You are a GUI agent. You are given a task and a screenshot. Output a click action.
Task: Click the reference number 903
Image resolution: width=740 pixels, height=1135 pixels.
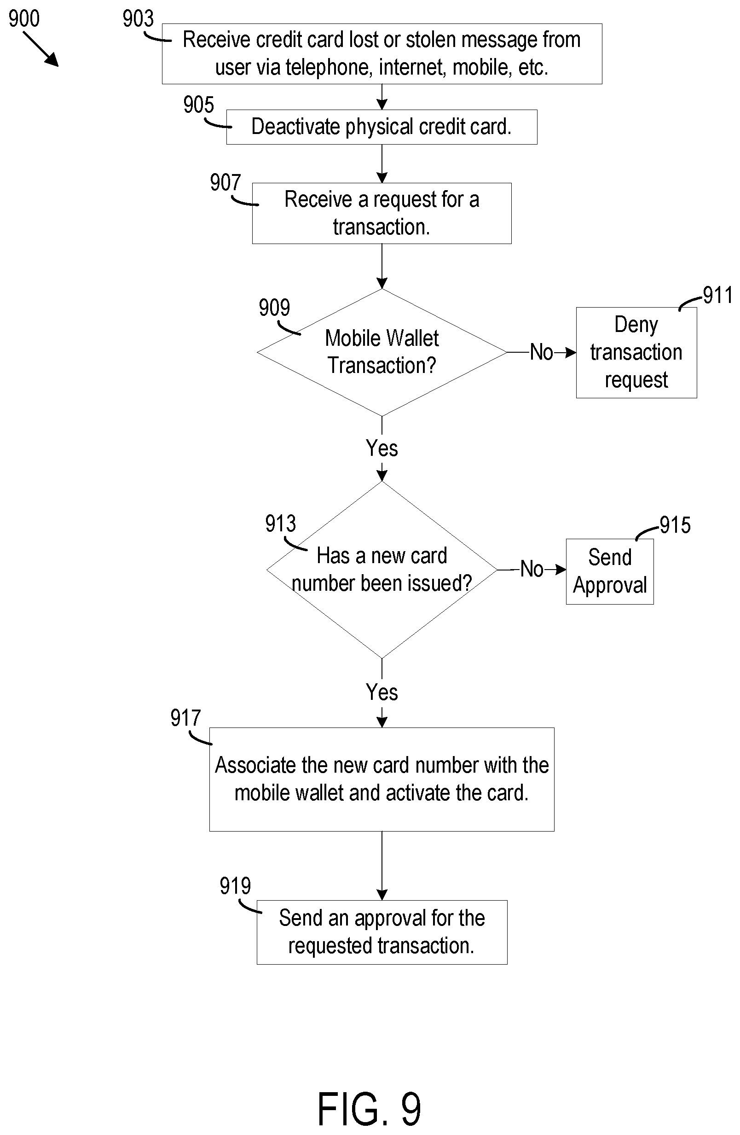point(138,18)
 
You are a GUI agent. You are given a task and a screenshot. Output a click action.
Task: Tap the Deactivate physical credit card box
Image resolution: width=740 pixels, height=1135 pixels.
point(381,127)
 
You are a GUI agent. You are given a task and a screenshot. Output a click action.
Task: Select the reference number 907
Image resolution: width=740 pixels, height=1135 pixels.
point(225,183)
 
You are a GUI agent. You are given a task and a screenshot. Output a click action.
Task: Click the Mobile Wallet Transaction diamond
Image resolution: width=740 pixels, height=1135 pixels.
point(382,352)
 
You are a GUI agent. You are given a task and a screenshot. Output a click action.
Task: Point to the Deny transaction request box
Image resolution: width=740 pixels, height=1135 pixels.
point(636,352)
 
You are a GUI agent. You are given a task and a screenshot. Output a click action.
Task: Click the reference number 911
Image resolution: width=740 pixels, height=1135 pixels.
point(717,295)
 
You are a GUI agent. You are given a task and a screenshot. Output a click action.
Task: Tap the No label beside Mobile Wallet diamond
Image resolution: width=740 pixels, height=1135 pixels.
point(541,352)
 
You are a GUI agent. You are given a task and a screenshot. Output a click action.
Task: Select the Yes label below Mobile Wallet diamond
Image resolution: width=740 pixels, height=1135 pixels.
point(382,448)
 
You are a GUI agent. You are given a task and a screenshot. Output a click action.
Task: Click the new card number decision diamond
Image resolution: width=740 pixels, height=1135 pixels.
point(382,570)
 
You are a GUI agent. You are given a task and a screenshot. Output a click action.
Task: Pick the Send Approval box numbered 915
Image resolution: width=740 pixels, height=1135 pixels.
point(609,571)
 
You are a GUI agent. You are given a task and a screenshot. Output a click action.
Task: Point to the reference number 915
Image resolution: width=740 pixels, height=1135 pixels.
point(675,525)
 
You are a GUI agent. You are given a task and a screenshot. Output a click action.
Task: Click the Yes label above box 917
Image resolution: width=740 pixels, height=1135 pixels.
point(382,692)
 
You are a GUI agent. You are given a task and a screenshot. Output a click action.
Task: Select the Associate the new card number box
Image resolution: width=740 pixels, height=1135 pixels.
point(382,779)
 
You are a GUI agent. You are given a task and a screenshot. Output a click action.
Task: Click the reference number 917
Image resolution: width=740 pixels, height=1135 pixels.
point(185,718)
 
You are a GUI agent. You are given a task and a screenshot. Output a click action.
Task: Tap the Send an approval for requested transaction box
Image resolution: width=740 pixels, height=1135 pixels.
point(382,932)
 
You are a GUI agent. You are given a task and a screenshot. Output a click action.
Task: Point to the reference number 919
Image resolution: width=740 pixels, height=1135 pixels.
point(235,886)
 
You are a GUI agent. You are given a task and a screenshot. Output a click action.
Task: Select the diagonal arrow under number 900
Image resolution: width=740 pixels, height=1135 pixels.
point(40,49)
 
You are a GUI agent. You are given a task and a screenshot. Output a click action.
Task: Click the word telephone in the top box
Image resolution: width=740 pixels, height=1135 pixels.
point(328,67)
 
